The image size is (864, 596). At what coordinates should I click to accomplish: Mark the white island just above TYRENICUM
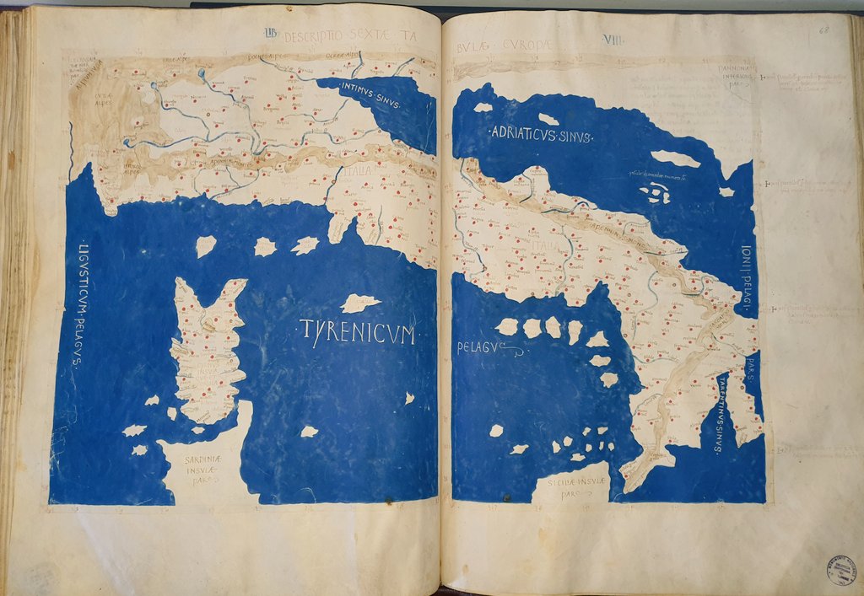point(360,303)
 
